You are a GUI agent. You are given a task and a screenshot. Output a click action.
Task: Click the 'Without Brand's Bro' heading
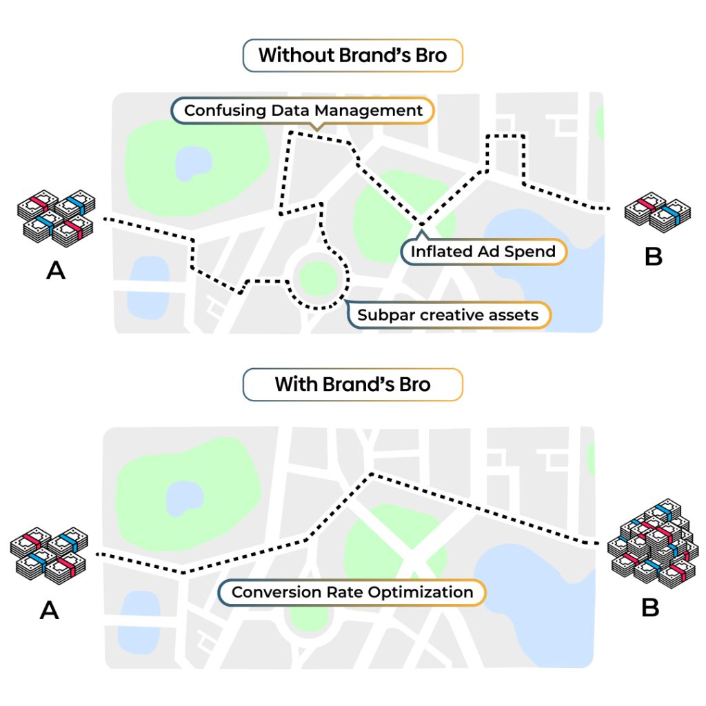352,55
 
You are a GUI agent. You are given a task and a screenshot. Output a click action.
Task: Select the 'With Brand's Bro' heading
352,385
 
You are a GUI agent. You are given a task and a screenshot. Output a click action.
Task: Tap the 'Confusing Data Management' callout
303,111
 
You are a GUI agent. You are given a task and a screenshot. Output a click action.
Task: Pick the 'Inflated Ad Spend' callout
483,251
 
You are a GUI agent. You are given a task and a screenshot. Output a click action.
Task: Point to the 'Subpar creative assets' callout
448,314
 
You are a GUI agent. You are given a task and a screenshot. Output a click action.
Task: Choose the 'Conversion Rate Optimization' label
352,592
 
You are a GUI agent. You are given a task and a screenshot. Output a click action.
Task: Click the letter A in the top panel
56,270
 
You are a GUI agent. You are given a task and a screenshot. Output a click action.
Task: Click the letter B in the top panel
654,256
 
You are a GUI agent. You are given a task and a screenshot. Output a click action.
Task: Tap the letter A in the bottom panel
50,611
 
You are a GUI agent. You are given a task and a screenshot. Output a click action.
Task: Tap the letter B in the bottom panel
650,607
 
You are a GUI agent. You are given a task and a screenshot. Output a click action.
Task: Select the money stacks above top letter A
57,219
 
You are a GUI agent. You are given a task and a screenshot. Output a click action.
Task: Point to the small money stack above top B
657,212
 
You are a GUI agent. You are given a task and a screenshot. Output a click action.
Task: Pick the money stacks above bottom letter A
49,556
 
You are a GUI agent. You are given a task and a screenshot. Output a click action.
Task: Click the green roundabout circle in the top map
318,279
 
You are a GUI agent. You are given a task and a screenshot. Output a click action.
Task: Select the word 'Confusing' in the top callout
225,111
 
